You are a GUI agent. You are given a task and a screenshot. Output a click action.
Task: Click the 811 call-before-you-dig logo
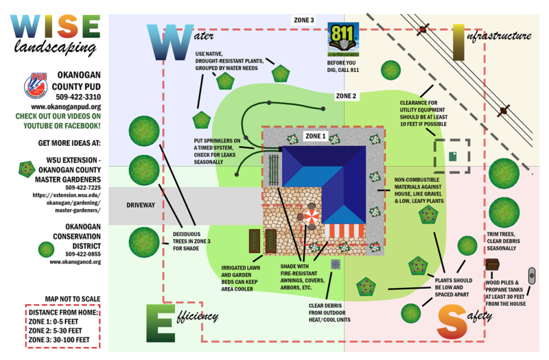click(x=343, y=38)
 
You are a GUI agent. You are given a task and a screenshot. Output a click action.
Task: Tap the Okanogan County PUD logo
click(x=36, y=85)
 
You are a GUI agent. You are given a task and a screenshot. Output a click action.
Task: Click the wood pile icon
click(x=492, y=264)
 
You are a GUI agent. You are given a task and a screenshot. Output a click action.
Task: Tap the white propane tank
click(x=532, y=275)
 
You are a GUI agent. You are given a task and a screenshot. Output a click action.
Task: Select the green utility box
click(x=452, y=156)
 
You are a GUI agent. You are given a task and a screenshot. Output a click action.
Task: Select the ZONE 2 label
click(x=346, y=96)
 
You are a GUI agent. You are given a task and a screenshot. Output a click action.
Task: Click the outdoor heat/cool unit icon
click(x=335, y=264)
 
